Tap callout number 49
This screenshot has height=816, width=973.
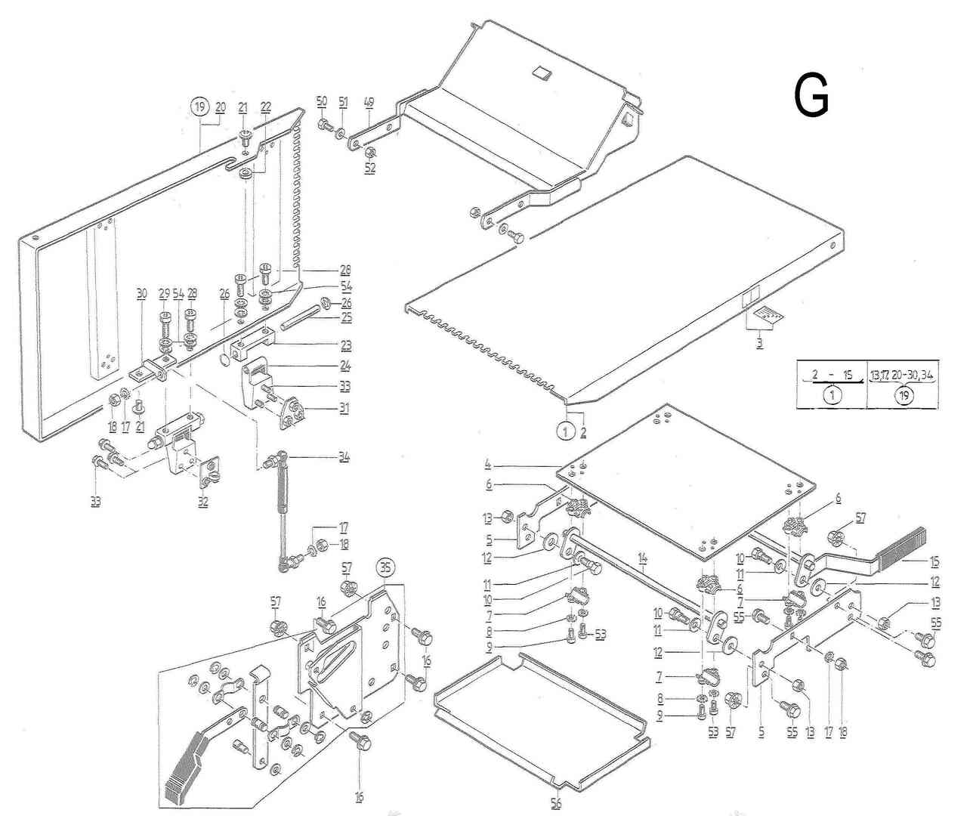click(x=369, y=102)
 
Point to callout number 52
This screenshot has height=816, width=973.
click(x=370, y=168)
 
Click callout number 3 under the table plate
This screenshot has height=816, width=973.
click(x=759, y=343)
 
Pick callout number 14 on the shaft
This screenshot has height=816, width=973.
click(x=642, y=560)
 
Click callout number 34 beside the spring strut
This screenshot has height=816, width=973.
click(x=344, y=457)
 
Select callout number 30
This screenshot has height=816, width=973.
click(x=141, y=296)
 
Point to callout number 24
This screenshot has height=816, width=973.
click(x=345, y=366)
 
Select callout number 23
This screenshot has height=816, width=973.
click(x=345, y=345)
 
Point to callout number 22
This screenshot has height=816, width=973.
click(x=266, y=107)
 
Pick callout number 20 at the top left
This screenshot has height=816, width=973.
click(x=220, y=107)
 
